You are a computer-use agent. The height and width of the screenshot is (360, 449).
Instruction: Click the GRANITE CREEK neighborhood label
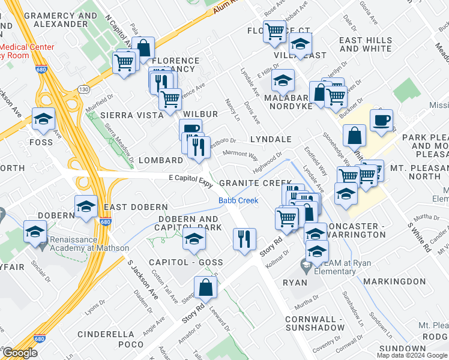pyautogui.click(x=255, y=182)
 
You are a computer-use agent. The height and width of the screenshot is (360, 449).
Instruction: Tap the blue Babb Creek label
pyautogui.click(x=238, y=201)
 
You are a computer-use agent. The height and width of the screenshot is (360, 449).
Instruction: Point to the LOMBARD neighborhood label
pyautogui.click(x=160, y=161)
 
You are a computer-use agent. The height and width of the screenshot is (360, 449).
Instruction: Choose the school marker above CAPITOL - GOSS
pyautogui.click(x=194, y=239)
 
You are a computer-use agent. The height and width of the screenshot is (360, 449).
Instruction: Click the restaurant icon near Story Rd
pyautogui.click(x=244, y=239)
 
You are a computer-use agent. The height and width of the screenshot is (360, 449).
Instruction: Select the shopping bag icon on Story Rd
pyautogui.click(x=205, y=287)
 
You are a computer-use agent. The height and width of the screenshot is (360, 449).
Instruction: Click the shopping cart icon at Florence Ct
pyautogui.click(x=274, y=30)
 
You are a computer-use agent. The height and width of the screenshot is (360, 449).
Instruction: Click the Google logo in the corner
pyautogui.click(x=20, y=353)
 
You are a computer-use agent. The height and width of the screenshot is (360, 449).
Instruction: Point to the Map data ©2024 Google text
pyautogui.click(x=412, y=355)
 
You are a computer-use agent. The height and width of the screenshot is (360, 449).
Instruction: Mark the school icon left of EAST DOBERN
pyautogui.click(x=86, y=207)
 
